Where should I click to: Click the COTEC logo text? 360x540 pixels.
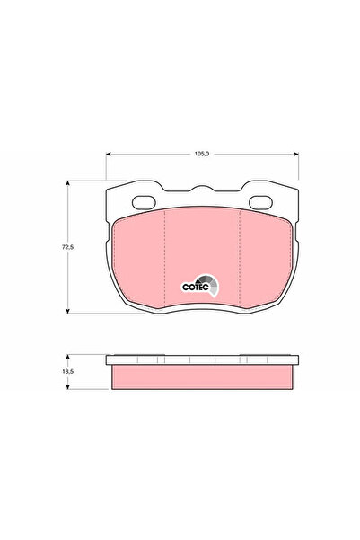click(197, 287)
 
